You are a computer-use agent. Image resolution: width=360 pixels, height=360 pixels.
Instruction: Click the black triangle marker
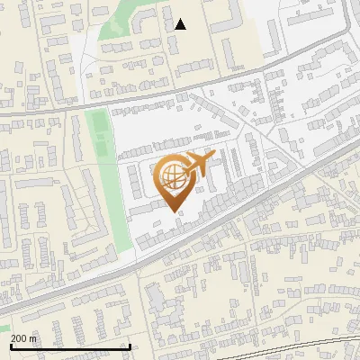181,24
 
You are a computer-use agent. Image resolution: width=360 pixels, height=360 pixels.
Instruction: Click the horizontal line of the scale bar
70,346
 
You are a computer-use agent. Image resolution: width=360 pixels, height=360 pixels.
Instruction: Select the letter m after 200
34,338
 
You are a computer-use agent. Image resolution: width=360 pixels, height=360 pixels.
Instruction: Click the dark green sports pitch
102,135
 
